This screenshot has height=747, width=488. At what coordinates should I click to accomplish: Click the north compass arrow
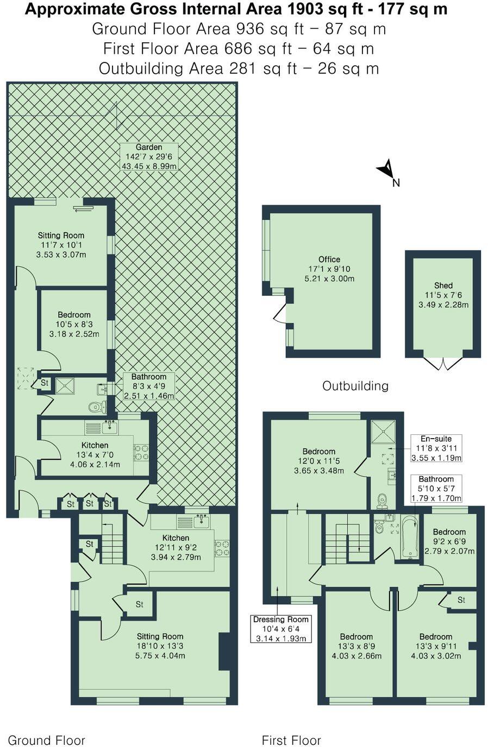coord(386,169)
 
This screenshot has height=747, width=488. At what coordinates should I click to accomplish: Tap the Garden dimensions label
coord(149,156)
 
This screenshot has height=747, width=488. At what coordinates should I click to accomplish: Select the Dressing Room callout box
coord(281,629)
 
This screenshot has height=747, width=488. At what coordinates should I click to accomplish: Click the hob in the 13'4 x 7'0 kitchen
coord(141,452)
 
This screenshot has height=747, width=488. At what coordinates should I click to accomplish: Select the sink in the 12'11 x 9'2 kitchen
coord(202,522)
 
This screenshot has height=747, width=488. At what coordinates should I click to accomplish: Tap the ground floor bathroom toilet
coord(98,406)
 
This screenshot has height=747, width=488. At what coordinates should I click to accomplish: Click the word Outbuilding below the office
coord(355,386)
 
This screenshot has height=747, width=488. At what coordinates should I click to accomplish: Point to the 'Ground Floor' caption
coord(46,740)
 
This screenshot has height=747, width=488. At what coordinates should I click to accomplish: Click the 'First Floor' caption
coord(291,740)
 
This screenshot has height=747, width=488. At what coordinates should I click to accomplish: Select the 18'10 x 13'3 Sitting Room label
coord(160,646)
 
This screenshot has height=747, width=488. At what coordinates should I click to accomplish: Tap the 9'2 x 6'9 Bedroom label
coord(449,541)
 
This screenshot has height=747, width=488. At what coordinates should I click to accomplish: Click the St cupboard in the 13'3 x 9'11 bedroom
coord(461,600)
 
